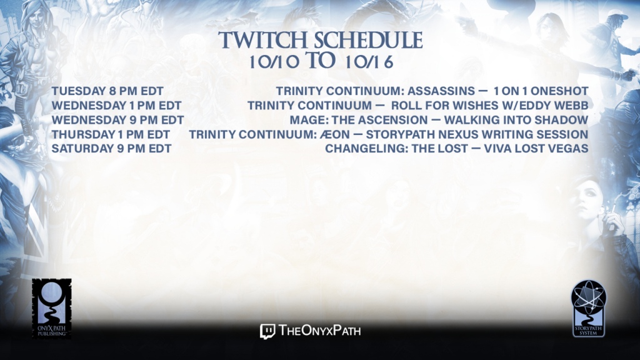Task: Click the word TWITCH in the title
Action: (x=263, y=41)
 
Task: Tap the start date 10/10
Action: (x=274, y=62)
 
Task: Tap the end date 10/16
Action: (x=369, y=62)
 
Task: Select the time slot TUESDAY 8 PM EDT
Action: (x=107, y=91)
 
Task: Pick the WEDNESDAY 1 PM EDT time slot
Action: (x=116, y=106)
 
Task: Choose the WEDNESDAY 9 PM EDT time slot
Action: (x=117, y=120)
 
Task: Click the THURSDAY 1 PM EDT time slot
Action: (x=111, y=134)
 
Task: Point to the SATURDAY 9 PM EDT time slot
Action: (x=111, y=149)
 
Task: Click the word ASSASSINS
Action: (x=441, y=91)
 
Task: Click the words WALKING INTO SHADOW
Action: (x=516, y=120)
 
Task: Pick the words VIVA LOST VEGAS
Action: (x=536, y=149)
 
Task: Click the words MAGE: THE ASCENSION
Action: (x=359, y=120)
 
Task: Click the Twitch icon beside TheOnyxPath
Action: (x=267, y=331)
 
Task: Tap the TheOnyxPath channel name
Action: (x=320, y=331)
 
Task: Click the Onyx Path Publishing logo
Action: (x=51, y=309)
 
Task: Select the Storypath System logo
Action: (x=589, y=309)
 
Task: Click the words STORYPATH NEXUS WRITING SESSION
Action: (x=477, y=134)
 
